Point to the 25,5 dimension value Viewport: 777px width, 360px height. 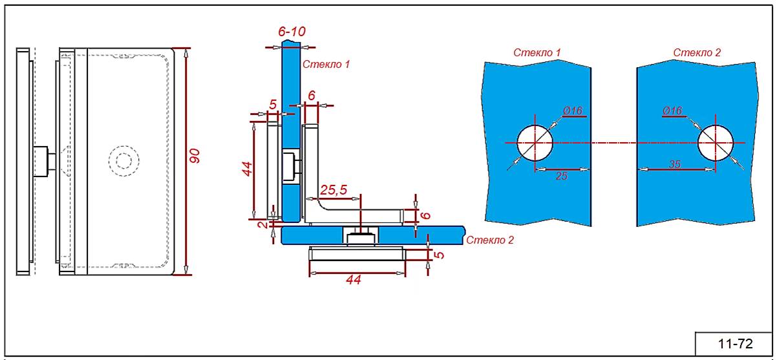[x=334, y=190]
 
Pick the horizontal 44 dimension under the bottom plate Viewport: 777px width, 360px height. [x=352, y=279]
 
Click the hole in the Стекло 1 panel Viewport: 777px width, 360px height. [x=535, y=143]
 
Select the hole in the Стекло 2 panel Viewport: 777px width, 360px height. [x=716, y=142]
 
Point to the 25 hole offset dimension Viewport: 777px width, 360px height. [x=561, y=175]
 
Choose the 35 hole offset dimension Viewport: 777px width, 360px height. [x=674, y=164]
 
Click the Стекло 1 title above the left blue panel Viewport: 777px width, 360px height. [x=537, y=52]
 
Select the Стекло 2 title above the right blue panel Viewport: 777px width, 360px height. [x=697, y=52]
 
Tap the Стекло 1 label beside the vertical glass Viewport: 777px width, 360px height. [x=326, y=65]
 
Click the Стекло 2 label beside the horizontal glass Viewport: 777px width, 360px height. [x=489, y=240]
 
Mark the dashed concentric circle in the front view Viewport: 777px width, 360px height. [x=123, y=159]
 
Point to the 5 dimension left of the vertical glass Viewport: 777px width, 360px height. [x=273, y=103]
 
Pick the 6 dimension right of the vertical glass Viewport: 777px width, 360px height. [x=312, y=95]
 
